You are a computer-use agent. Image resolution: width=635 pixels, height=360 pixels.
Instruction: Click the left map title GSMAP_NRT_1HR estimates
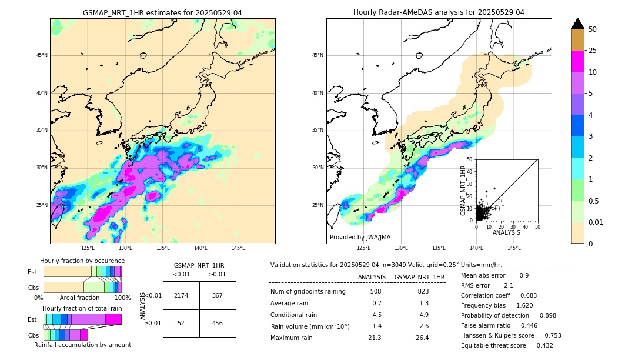click(x=162, y=12)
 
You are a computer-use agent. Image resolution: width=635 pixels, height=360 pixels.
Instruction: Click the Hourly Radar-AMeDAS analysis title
click(x=439, y=12)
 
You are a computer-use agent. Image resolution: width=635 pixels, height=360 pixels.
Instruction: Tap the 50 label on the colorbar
click(x=593, y=29)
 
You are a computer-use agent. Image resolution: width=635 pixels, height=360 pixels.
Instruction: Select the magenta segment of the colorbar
click(x=577, y=61)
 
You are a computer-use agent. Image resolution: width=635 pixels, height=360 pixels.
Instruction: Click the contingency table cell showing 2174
click(x=181, y=295)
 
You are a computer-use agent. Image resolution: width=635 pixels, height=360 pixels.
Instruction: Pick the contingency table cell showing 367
click(x=218, y=295)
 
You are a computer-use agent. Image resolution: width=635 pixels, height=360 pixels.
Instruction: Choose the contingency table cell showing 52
click(x=181, y=323)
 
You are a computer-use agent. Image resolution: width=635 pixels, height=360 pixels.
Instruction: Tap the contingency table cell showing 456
click(x=218, y=323)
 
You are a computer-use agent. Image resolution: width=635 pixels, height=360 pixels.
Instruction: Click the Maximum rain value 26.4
click(x=422, y=338)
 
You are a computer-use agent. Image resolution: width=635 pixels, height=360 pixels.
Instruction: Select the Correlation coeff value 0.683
click(x=527, y=295)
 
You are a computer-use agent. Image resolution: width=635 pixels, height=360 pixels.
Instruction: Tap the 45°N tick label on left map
click(x=42, y=55)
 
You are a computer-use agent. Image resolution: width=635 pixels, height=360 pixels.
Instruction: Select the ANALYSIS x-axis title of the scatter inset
click(x=506, y=232)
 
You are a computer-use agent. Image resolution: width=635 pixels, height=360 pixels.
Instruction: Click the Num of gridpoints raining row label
click(x=308, y=291)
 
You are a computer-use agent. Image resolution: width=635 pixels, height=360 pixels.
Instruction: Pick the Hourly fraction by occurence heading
click(x=82, y=261)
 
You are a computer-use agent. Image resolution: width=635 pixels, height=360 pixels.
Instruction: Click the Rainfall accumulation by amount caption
click(x=82, y=345)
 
